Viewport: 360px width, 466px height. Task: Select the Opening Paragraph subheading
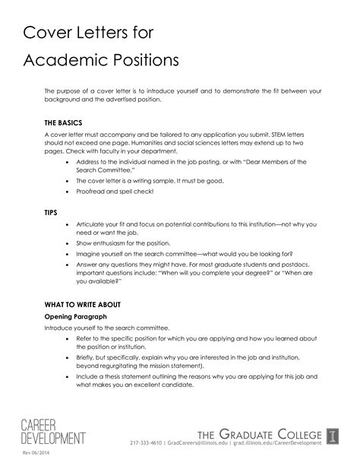[75, 315]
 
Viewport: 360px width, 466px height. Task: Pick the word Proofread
[92, 192]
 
